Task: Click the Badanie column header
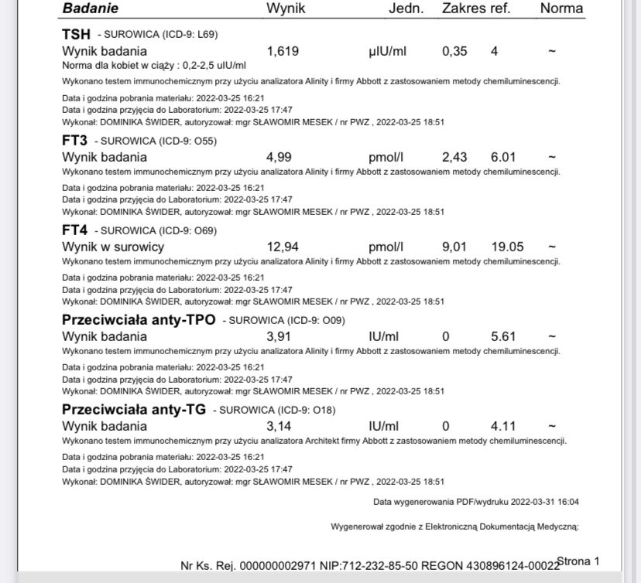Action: pyautogui.click(x=90, y=9)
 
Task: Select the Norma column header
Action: pyautogui.click(x=561, y=9)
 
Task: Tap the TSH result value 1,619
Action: pyautogui.click(x=283, y=52)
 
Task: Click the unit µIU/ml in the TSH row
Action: pyautogui.click(x=388, y=52)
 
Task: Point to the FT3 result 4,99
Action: pyautogui.click(x=279, y=158)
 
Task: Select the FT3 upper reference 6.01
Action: pyautogui.click(x=503, y=158)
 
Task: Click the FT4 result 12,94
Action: pyautogui.click(x=283, y=247)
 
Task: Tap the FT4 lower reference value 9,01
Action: pyautogui.click(x=454, y=247)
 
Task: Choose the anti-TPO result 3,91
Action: pyautogui.click(x=279, y=337)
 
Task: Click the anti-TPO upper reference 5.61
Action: pyautogui.click(x=503, y=337)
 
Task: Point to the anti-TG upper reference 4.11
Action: pyautogui.click(x=503, y=427)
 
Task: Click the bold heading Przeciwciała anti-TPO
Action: pyautogui.click(x=139, y=320)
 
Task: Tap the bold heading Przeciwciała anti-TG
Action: pyautogui.click(x=133, y=410)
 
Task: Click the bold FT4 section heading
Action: pyautogui.click(x=74, y=230)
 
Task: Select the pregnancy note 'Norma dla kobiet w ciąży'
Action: pyautogui.click(x=153, y=66)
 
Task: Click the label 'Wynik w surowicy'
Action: pyautogui.click(x=113, y=247)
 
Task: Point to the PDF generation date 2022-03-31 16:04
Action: pyautogui.click(x=544, y=502)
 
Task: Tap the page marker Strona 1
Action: pyautogui.click(x=578, y=561)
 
